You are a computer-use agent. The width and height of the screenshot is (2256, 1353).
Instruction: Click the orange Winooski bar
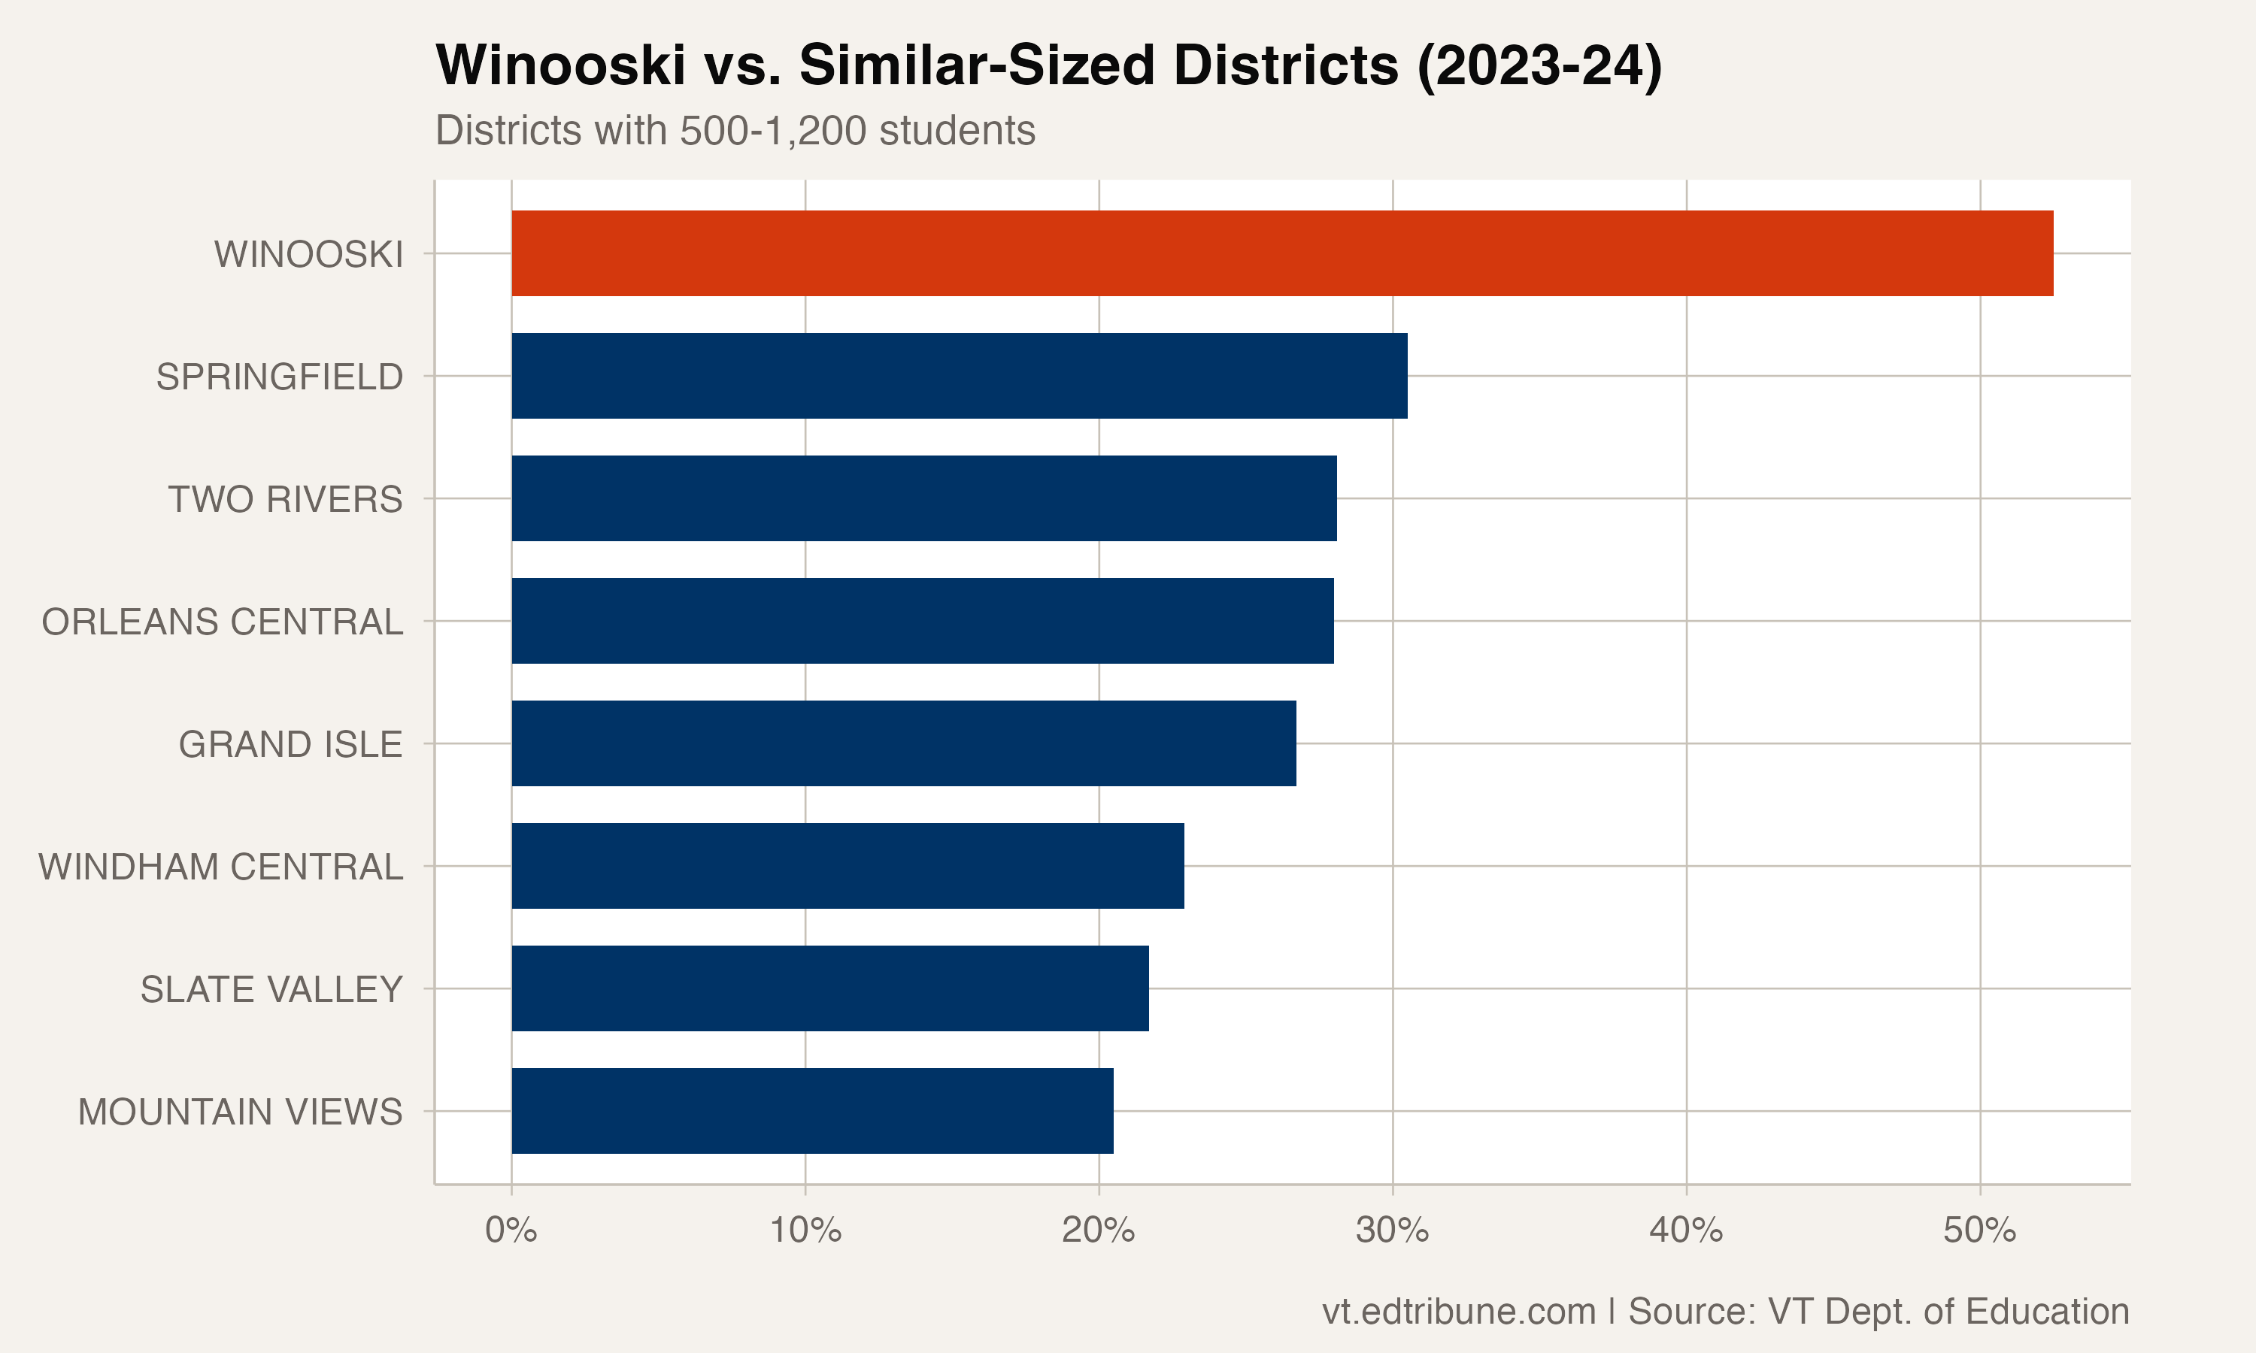1281,253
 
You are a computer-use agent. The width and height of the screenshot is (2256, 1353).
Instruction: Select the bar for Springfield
960,376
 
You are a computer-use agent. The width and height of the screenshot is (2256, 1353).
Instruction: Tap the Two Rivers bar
923,498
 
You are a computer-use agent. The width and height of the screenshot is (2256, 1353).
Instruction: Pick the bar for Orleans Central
922,621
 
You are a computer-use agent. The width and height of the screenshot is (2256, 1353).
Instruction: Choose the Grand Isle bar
904,743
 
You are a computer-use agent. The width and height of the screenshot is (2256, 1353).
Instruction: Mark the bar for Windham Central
848,865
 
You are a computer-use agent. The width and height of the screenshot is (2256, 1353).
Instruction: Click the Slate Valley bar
829,988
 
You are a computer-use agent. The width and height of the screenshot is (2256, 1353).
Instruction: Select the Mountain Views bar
811,1110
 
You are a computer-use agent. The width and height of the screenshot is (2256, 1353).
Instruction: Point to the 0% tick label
511,1230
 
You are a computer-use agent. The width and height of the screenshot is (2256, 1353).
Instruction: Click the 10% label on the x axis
805,1230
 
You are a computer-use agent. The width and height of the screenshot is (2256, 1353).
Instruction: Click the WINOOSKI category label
308,254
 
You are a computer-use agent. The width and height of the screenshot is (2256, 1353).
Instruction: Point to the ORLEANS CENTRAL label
222,622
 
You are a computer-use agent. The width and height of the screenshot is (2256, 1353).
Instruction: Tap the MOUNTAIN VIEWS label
240,1112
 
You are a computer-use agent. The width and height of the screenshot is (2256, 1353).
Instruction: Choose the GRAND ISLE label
290,745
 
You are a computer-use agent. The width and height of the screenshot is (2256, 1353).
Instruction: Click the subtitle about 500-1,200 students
735,130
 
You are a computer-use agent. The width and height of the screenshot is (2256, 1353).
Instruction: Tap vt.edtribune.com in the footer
1458,1311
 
